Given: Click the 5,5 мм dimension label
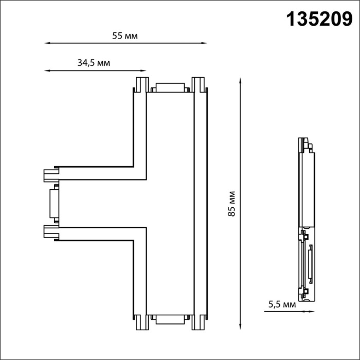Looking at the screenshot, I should [282, 304].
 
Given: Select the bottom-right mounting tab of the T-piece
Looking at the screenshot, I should [198, 322].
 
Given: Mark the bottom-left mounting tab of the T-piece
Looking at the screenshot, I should [142, 322].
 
